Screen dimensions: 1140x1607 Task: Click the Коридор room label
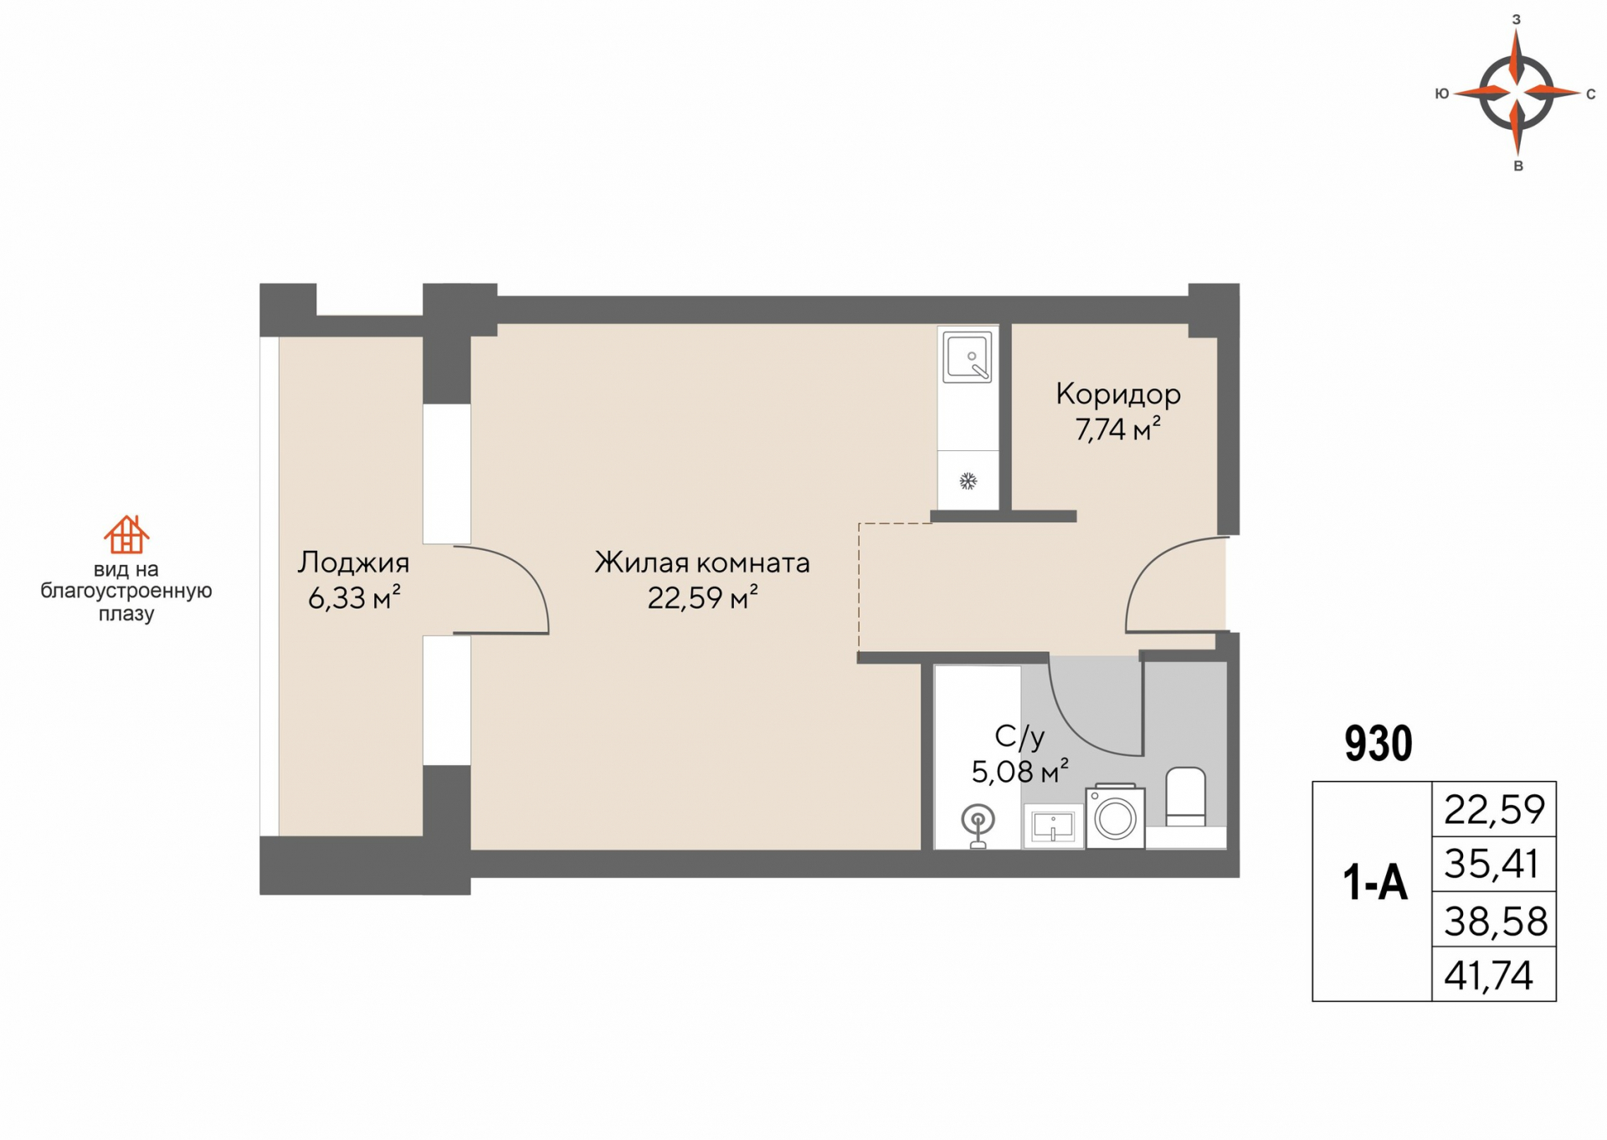[x=1117, y=393]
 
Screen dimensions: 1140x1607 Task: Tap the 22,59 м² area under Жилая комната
[x=702, y=598]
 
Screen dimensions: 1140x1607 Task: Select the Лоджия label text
[x=353, y=562]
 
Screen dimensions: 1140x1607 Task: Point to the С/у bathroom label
[x=1019, y=737]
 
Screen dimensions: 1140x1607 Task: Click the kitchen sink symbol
[x=968, y=357]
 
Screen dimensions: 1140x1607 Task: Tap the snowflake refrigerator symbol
[x=968, y=481]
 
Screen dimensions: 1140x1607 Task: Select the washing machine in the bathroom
[x=1115, y=817]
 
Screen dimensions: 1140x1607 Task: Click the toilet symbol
[x=1185, y=795]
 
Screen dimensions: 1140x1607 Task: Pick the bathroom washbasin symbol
[x=1053, y=826]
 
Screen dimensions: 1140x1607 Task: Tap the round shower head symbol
[x=978, y=820]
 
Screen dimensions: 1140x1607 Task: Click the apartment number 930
[x=1378, y=743]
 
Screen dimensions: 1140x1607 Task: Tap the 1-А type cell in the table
[x=1374, y=883]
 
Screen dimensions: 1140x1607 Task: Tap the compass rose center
[x=1517, y=92]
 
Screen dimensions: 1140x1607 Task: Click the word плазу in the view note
[x=126, y=614]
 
